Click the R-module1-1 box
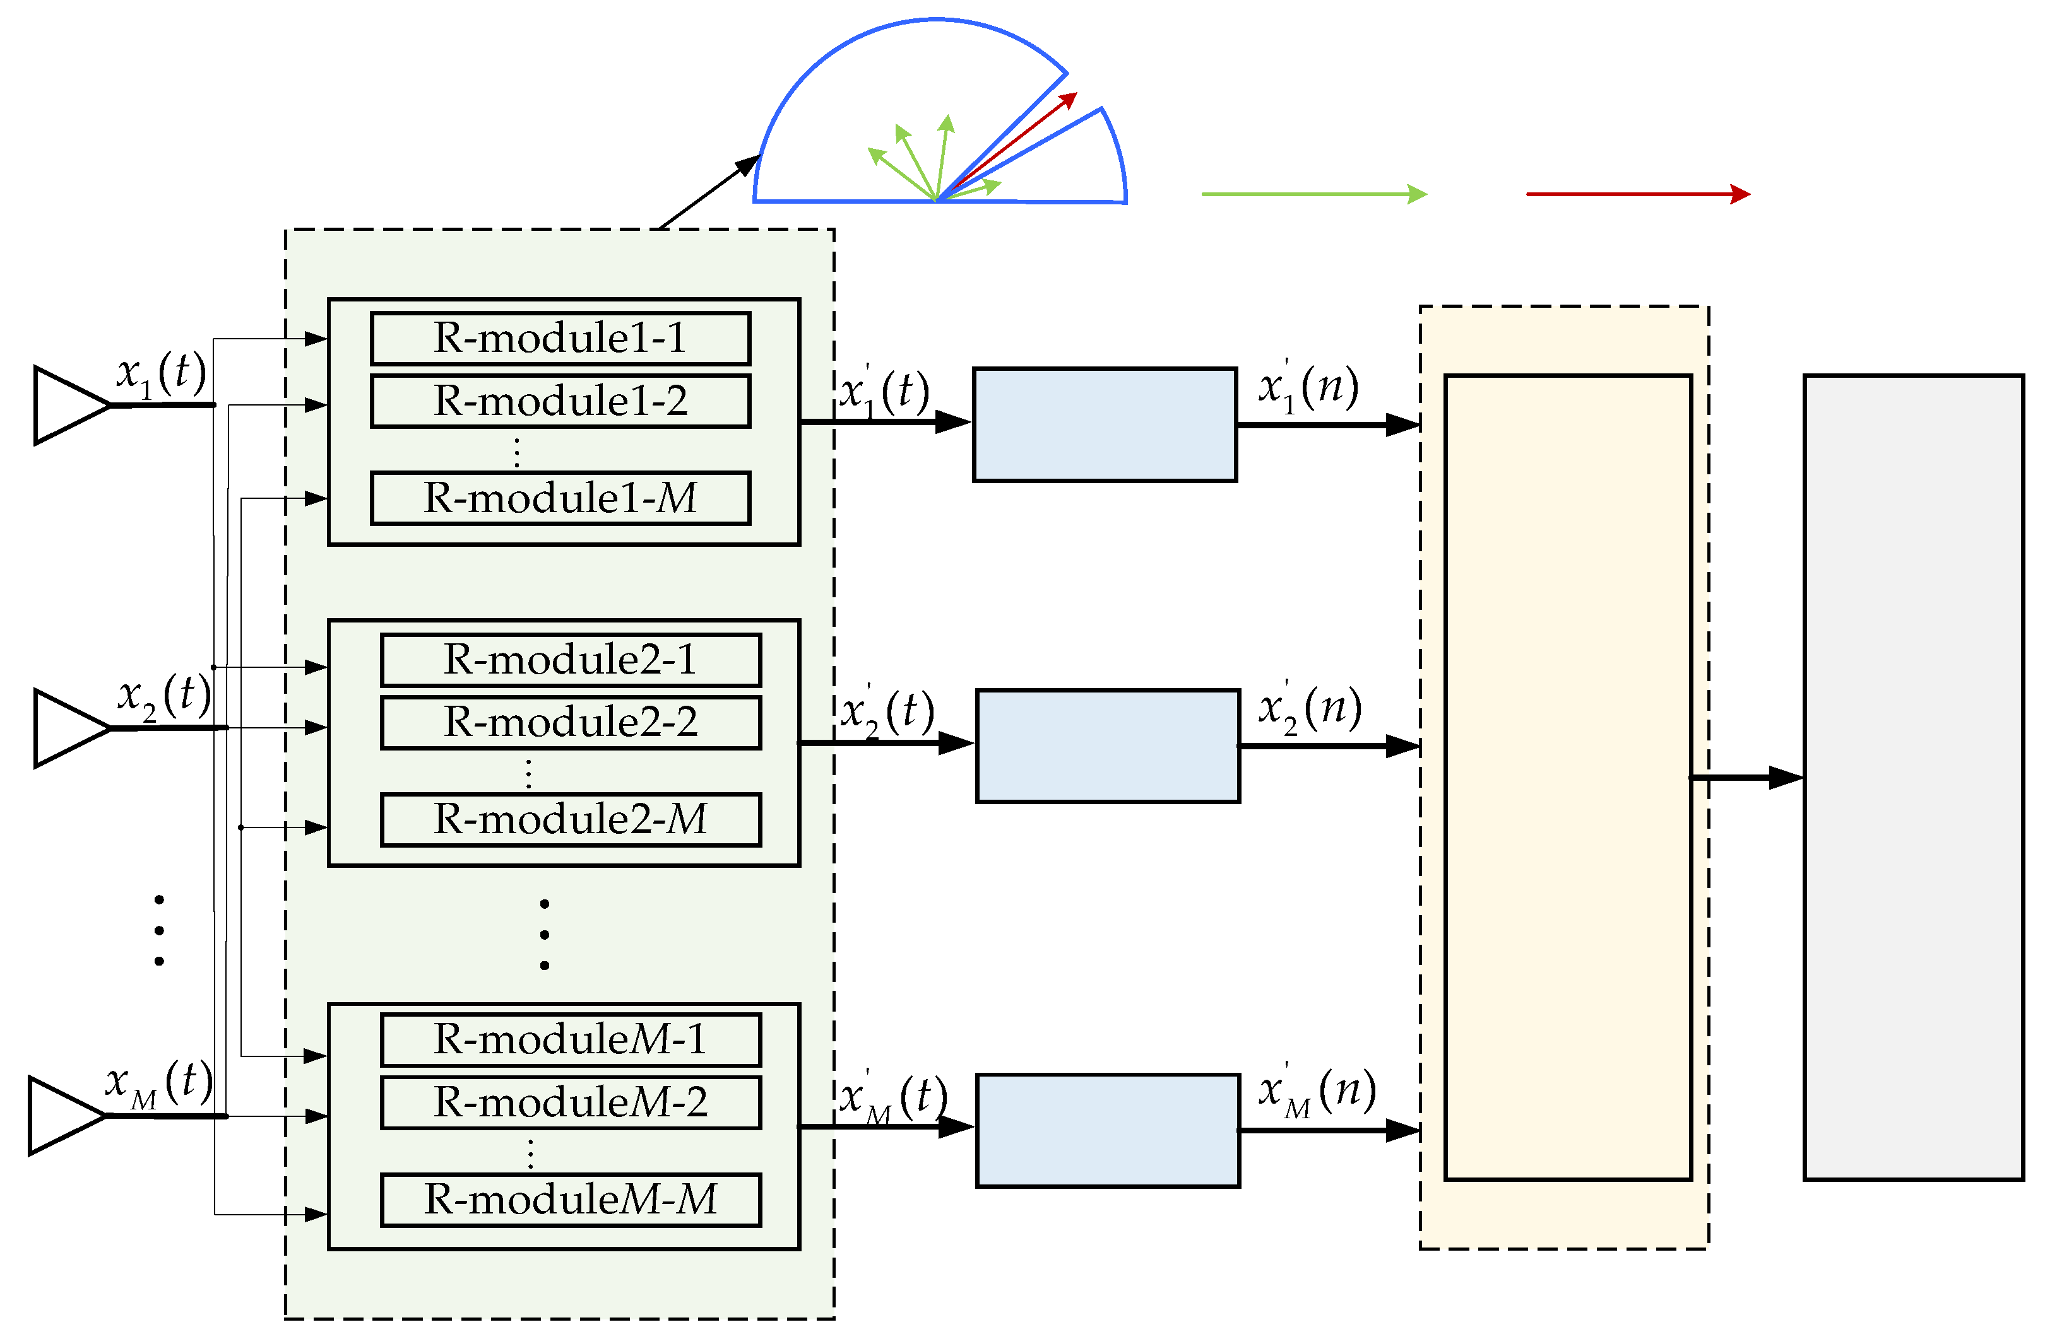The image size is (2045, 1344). pyautogui.click(x=560, y=338)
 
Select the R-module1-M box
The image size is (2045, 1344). pyautogui.click(x=560, y=498)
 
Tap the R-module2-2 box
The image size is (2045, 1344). pyautogui.click(x=571, y=722)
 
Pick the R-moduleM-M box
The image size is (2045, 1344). pyautogui.click(x=571, y=1200)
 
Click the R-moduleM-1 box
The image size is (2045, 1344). pyautogui.click(x=571, y=1040)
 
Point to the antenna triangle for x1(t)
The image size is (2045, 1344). pyautogui.click(x=69, y=406)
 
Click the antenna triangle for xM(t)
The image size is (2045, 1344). pyautogui.click(x=64, y=1116)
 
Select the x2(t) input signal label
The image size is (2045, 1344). pyautogui.click(x=164, y=696)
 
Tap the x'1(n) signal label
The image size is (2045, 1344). pyautogui.click(x=1308, y=388)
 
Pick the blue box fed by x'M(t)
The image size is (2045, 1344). pyautogui.click(x=1108, y=1131)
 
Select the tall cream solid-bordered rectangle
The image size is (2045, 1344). pyautogui.click(x=1567, y=777)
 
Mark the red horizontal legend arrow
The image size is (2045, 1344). pyautogui.click(x=1637, y=194)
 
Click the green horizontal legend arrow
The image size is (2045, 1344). pyautogui.click(x=1313, y=194)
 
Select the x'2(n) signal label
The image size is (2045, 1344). pyautogui.click(x=1310, y=710)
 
